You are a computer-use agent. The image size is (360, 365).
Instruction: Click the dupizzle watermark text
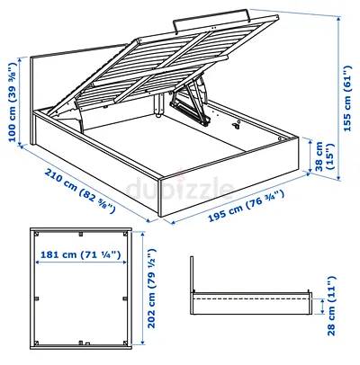pyautogui.click(x=180, y=187)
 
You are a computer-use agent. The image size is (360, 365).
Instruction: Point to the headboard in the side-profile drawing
pyautogui.click(x=193, y=279)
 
